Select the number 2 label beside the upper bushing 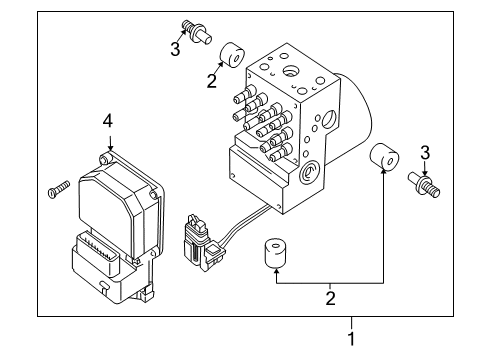pyautogui.click(x=211, y=81)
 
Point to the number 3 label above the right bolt pyautogui.click(x=426, y=151)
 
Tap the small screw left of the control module pyautogui.click(x=56, y=189)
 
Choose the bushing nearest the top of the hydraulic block pyautogui.click(x=236, y=52)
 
